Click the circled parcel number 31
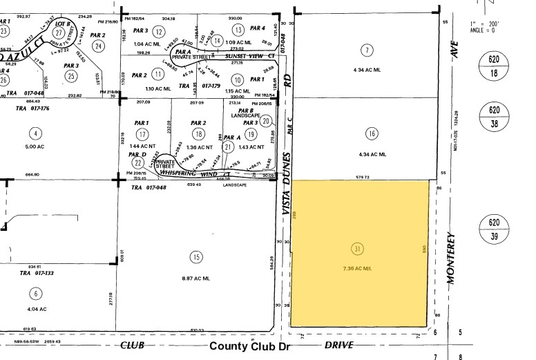(x=358, y=249)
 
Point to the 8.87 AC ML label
(x=196, y=276)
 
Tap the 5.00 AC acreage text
(x=32, y=146)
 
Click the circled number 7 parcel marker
(x=367, y=49)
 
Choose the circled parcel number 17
(x=142, y=134)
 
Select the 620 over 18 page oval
(x=493, y=67)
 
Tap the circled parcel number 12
(x=159, y=31)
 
